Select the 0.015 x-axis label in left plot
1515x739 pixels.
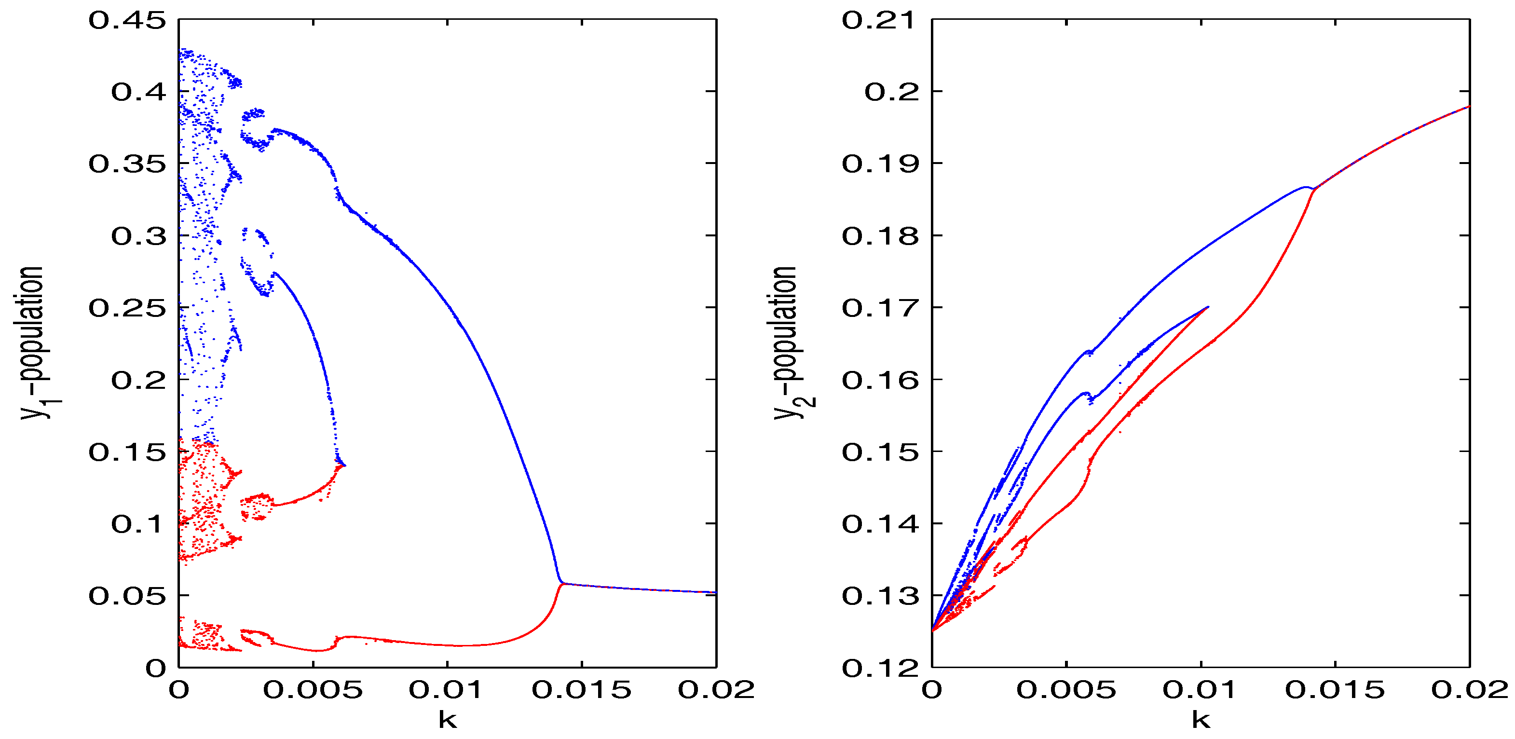pyautogui.click(x=581, y=690)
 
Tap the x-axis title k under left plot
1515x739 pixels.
pyautogui.click(x=448, y=719)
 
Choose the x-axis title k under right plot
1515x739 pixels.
pyautogui.click(x=1201, y=719)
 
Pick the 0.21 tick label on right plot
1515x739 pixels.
pyautogui.click(x=879, y=21)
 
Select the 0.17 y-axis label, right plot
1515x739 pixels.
pyautogui.click(x=879, y=308)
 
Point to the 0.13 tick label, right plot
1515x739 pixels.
pyautogui.click(x=879, y=596)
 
